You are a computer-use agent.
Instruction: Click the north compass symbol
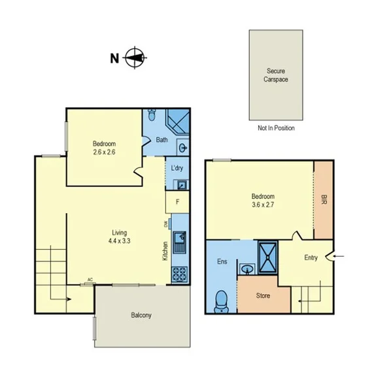click(x=135, y=58)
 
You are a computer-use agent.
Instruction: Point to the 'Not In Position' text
click(x=276, y=128)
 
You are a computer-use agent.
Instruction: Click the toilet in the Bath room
click(x=152, y=116)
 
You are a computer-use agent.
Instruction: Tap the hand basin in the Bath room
click(x=182, y=146)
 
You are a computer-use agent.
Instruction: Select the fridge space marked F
click(x=177, y=203)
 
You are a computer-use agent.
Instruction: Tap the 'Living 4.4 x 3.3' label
click(x=119, y=237)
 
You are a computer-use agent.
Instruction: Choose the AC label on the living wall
click(x=90, y=279)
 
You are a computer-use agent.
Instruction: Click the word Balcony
click(x=141, y=316)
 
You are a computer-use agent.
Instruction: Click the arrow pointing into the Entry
click(x=337, y=258)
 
